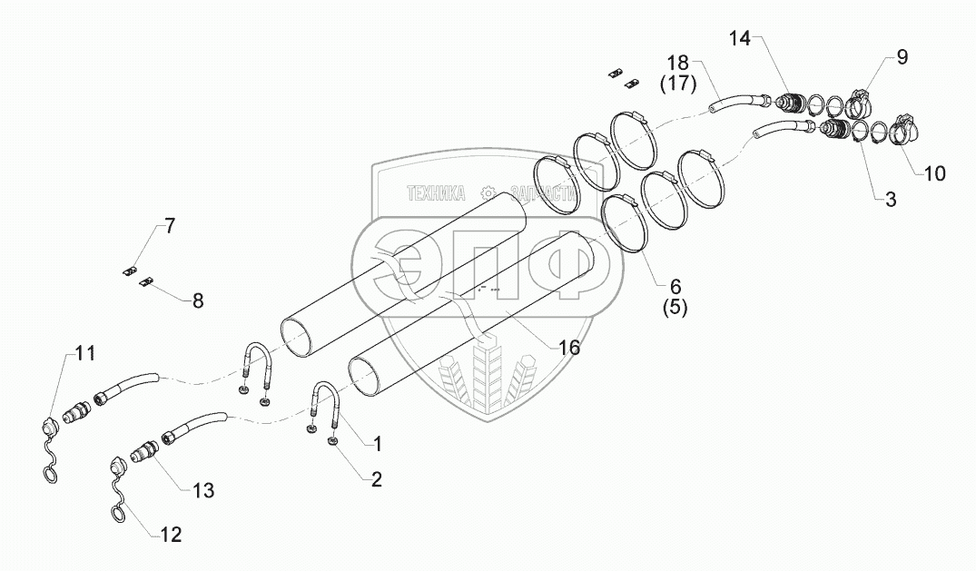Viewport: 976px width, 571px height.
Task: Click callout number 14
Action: click(740, 38)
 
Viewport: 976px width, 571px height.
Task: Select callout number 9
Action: click(901, 57)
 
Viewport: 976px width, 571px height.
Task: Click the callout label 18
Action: click(678, 64)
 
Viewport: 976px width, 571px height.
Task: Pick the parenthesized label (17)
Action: click(677, 85)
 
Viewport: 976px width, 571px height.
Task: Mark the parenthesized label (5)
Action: click(674, 307)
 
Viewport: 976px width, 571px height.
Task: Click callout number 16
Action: click(569, 347)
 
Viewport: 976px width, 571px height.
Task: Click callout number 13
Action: click(202, 490)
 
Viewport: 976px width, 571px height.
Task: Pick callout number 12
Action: click(170, 535)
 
